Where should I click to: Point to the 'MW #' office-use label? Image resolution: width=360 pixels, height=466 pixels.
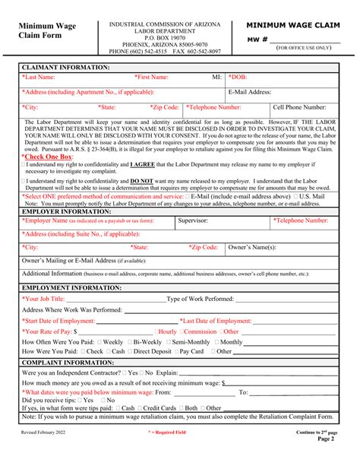(258, 38)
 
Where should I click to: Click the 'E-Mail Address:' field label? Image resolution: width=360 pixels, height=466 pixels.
(250, 92)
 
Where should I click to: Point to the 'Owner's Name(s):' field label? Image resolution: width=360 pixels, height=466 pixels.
(252, 248)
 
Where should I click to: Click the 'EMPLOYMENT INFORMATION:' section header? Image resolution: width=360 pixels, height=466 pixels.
(71, 288)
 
